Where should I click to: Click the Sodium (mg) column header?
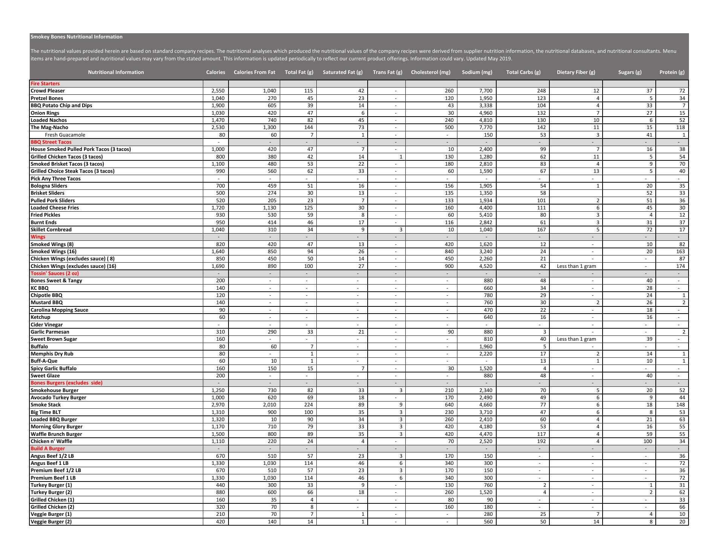point(477,72)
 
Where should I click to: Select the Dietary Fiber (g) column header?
point(576,72)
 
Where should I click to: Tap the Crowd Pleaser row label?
point(48,91)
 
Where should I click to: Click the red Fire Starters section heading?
point(45,83)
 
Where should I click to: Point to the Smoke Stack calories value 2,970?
point(218,405)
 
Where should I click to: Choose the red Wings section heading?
point(38,237)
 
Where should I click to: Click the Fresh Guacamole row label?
point(65,135)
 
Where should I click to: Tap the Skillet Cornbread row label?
point(51,229)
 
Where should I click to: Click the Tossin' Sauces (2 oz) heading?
point(55,273)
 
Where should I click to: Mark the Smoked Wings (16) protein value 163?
point(681,251)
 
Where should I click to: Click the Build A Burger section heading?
point(48,448)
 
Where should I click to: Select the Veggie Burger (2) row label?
point(51,522)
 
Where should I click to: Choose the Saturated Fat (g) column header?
point(342,72)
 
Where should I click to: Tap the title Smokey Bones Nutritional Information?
point(76,37)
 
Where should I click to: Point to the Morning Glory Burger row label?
point(56,426)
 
